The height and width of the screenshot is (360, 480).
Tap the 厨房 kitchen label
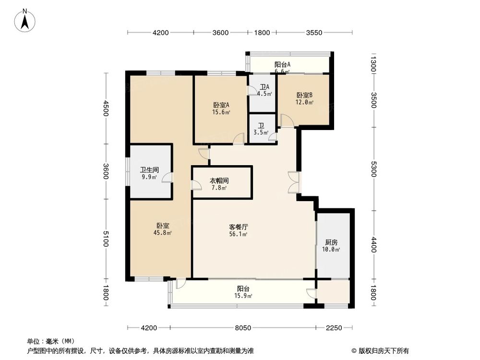[x=331, y=242]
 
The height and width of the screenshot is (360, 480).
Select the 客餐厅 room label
[x=238, y=227]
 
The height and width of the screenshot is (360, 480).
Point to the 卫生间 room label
[x=149, y=169]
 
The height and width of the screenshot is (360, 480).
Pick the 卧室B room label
[x=305, y=95]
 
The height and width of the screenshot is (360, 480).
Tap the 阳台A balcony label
[x=283, y=64]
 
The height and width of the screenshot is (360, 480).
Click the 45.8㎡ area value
[x=163, y=233]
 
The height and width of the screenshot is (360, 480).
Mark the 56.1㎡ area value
[x=238, y=234]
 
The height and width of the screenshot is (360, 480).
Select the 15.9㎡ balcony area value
[x=243, y=296]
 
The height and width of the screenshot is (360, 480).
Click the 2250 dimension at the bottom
[x=334, y=328]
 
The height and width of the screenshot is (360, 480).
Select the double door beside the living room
[x=293, y=182]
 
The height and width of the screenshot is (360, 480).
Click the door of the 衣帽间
[x=196, y=185]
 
